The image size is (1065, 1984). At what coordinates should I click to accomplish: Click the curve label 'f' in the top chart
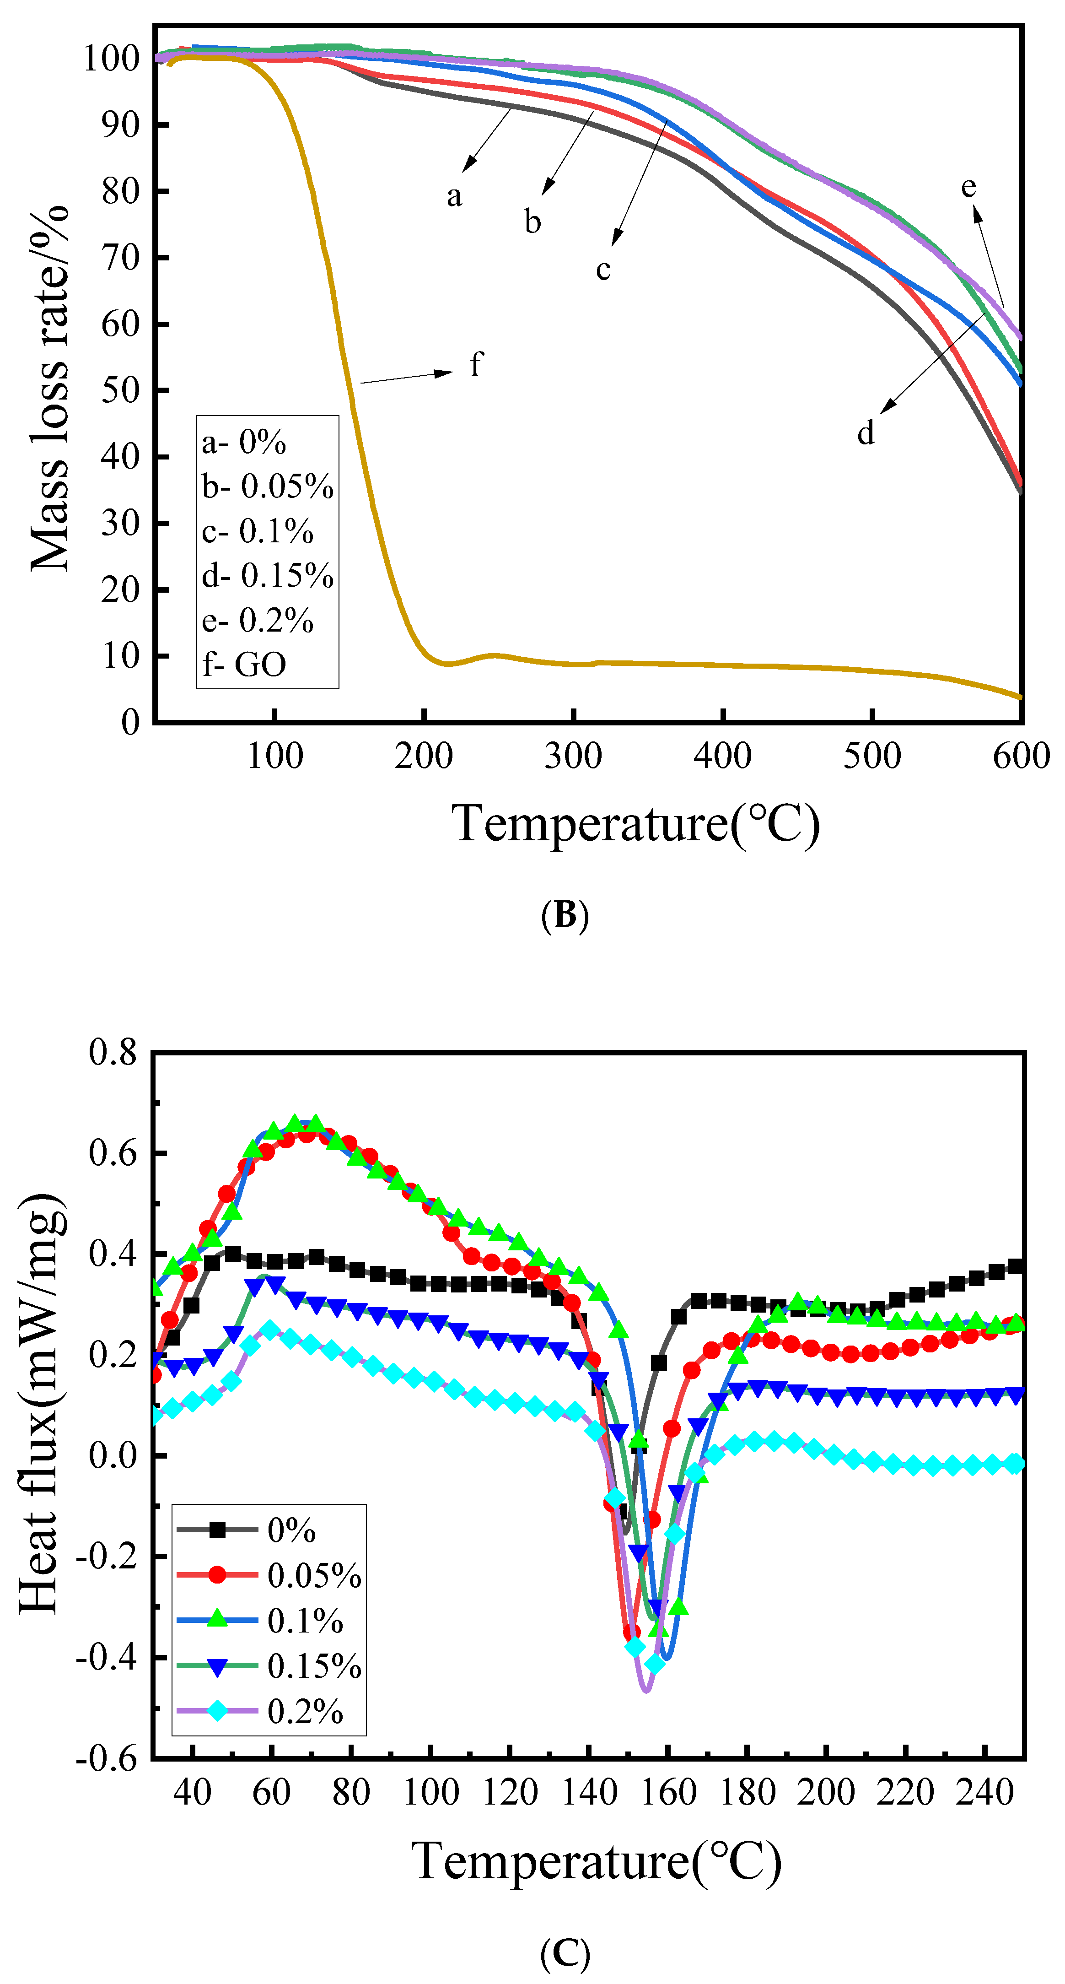click(x=476, y=364)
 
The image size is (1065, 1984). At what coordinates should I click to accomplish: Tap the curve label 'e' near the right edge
click(x=968, y=187)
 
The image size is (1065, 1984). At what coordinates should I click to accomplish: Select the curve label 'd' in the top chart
click(x=866, y=433)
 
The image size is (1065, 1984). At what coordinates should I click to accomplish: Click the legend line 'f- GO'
click(x=244, y=664)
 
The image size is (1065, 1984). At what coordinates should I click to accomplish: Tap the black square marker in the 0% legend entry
click(x=218, y=1530)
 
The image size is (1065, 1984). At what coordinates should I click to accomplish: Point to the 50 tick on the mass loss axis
click(x=120, y=390)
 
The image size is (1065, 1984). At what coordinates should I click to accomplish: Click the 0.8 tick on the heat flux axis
click(x=113, y=1052)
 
